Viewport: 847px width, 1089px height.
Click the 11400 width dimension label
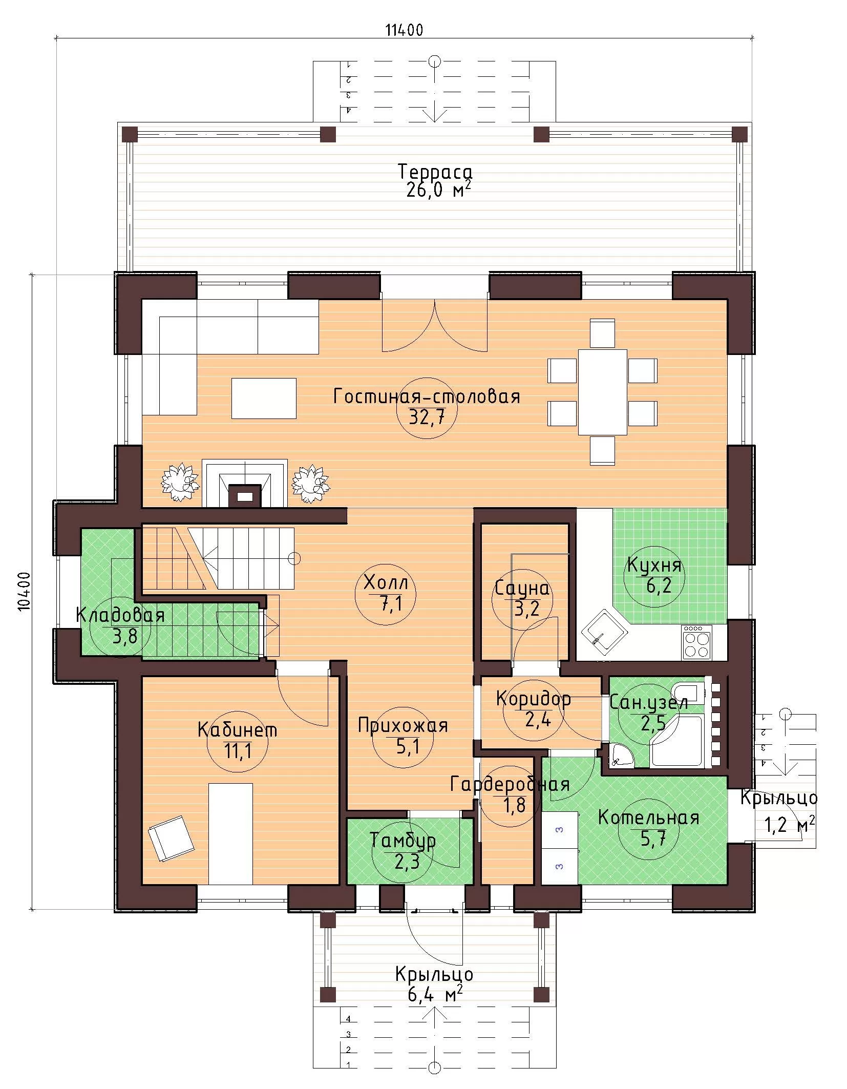405,30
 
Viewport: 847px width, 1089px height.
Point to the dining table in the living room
603,392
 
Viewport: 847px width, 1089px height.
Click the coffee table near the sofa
264,398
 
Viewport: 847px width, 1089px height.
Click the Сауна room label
522,589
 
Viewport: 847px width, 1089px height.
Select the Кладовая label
120,615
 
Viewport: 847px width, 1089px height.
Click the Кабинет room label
238,729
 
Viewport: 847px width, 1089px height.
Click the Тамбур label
403,841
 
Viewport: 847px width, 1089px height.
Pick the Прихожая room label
403,725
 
